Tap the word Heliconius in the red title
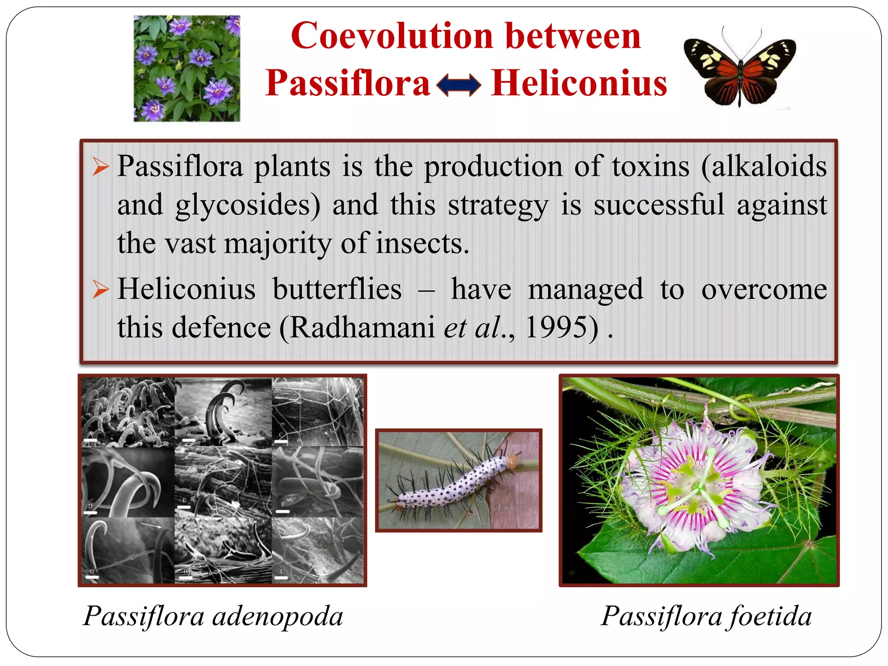click(579, 83)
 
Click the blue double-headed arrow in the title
click(458, 85)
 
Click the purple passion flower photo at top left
click(187, 69)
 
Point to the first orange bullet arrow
click(101, 167)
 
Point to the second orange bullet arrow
click(101, 290)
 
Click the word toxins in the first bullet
click(650, 166)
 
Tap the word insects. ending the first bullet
click(422, 243)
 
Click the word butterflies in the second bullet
click(337, 289)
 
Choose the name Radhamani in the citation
click(362, 327)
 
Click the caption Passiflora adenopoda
click(213, 616)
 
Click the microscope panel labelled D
click(128, 481)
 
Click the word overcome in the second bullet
click(764, 289)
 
